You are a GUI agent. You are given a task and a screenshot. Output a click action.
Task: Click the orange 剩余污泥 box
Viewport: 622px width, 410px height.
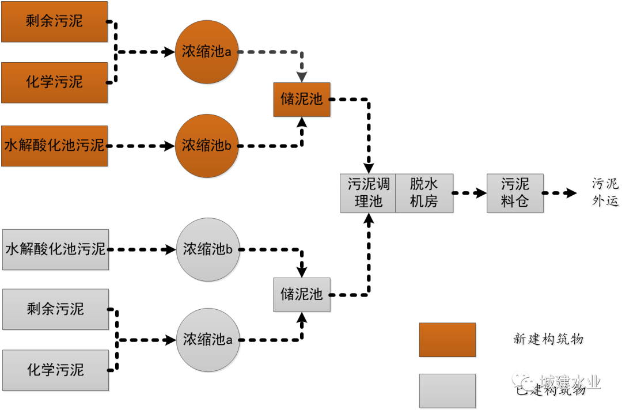tap(55, 22)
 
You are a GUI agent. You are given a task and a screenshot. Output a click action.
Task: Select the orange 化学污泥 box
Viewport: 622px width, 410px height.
tap(55, 82)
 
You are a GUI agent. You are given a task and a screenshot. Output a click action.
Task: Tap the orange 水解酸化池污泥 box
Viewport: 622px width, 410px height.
tap(55, 146)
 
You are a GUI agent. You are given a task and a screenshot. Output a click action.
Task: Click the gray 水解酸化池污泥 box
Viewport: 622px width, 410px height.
tap(55, 249)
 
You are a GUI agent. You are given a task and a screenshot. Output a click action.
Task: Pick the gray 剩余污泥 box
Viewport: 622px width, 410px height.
tap(55, 309)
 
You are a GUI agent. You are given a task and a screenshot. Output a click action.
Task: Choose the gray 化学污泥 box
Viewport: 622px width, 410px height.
tap(55, 370)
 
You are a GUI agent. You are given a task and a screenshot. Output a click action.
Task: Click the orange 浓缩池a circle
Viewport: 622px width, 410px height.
tap(207, 52)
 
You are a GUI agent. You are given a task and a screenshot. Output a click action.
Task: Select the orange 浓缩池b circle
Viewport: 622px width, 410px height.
tap(207, 146)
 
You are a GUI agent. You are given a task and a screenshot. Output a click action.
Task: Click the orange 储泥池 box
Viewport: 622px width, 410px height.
tap(302, 100)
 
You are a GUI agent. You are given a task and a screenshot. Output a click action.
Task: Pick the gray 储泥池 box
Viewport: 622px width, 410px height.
tap(302, 295)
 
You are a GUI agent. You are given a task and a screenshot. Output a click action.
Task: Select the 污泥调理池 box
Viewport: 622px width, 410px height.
tap(368, 193)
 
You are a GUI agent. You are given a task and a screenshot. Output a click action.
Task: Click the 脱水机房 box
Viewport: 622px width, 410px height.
tap(424, 193)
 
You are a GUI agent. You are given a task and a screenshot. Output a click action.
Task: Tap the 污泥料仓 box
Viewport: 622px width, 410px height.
tap(515, 193)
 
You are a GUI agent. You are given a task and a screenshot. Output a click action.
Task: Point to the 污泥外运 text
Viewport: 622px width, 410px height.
tap(606, 193)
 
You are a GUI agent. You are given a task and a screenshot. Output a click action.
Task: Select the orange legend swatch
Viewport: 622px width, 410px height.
tap(447, 340)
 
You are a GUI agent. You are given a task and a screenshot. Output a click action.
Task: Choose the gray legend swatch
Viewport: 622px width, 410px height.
tap(447, 391)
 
